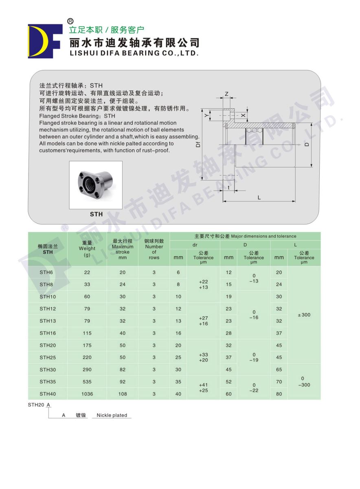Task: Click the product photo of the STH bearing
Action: pos(96,185)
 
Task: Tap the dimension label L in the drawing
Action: pos(259,198)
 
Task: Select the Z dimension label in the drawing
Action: pos(226,94)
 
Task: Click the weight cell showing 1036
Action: pos(87,394)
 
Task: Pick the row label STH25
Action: pos(48,357)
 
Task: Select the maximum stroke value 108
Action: pos(123,394)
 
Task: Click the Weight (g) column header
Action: pos(87,248)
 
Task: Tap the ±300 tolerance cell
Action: pos(304,315)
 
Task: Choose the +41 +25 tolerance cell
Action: pos(203,388)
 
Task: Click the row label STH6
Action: pos(46,272)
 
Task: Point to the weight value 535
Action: pos(87,382)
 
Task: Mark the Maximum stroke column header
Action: pos(123,249)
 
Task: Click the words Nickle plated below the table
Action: pos(112,415)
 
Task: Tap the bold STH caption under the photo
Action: pos(96,214)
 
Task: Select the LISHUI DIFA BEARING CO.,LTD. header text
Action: pos(134,53)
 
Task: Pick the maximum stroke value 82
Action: pos(123,370)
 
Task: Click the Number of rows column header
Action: pos(154,249)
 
